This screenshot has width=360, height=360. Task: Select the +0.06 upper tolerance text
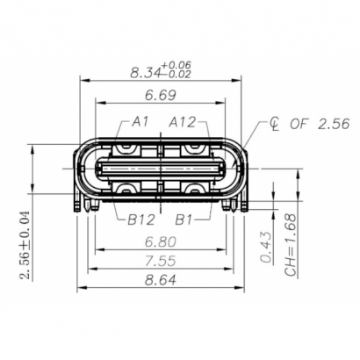click(179, 65)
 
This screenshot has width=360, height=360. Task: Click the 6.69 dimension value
click(163, 94)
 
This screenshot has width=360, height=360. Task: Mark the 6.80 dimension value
click(163, 241)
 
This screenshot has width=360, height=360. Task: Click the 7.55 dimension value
click(163, 261)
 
